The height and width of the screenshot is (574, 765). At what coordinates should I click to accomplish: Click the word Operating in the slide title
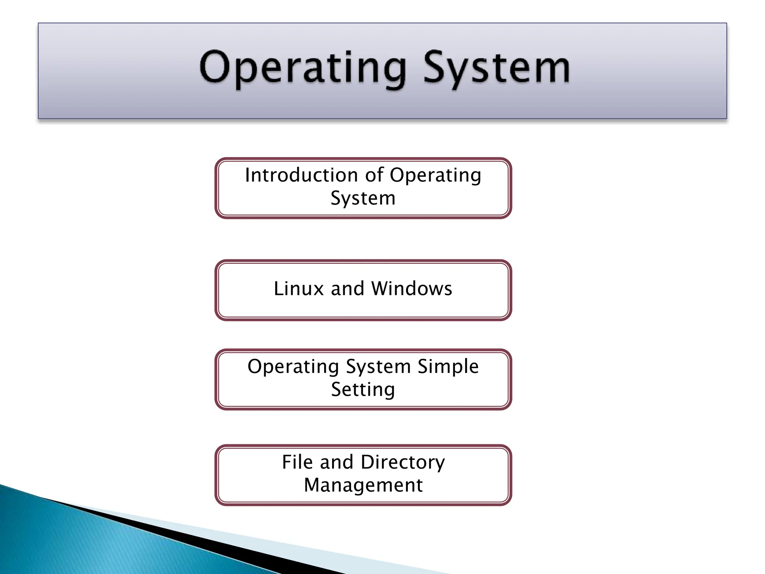click(x=303, y=68)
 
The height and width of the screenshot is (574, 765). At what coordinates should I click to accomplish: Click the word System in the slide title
click(x=497, y=68)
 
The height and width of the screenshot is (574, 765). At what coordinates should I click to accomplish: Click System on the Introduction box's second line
click(x=363, y=198)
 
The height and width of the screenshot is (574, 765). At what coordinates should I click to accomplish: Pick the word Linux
click(x=298, y=289)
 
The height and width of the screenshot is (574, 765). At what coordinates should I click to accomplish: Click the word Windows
click(x=412, y=289)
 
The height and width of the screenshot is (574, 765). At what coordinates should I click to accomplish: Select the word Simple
click(x=448, y=367)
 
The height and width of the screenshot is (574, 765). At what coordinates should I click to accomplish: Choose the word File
click(x=297, y=462)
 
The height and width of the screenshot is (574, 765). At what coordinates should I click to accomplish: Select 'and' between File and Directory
click(x=337, y=462)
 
